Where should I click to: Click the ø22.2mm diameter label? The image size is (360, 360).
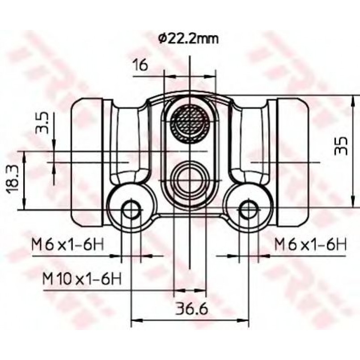click(188, 39)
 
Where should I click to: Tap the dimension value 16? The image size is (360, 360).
click(140, 65)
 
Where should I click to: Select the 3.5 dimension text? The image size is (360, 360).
click(42, 123)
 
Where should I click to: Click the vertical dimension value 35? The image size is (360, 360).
click(341, 146)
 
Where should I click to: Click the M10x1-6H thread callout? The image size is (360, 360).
click(82, 279)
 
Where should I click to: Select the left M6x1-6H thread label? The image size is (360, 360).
click(68, 245)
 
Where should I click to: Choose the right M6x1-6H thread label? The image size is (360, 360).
click(310, 245)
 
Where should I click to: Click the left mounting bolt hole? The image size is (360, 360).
click(131, 210)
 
